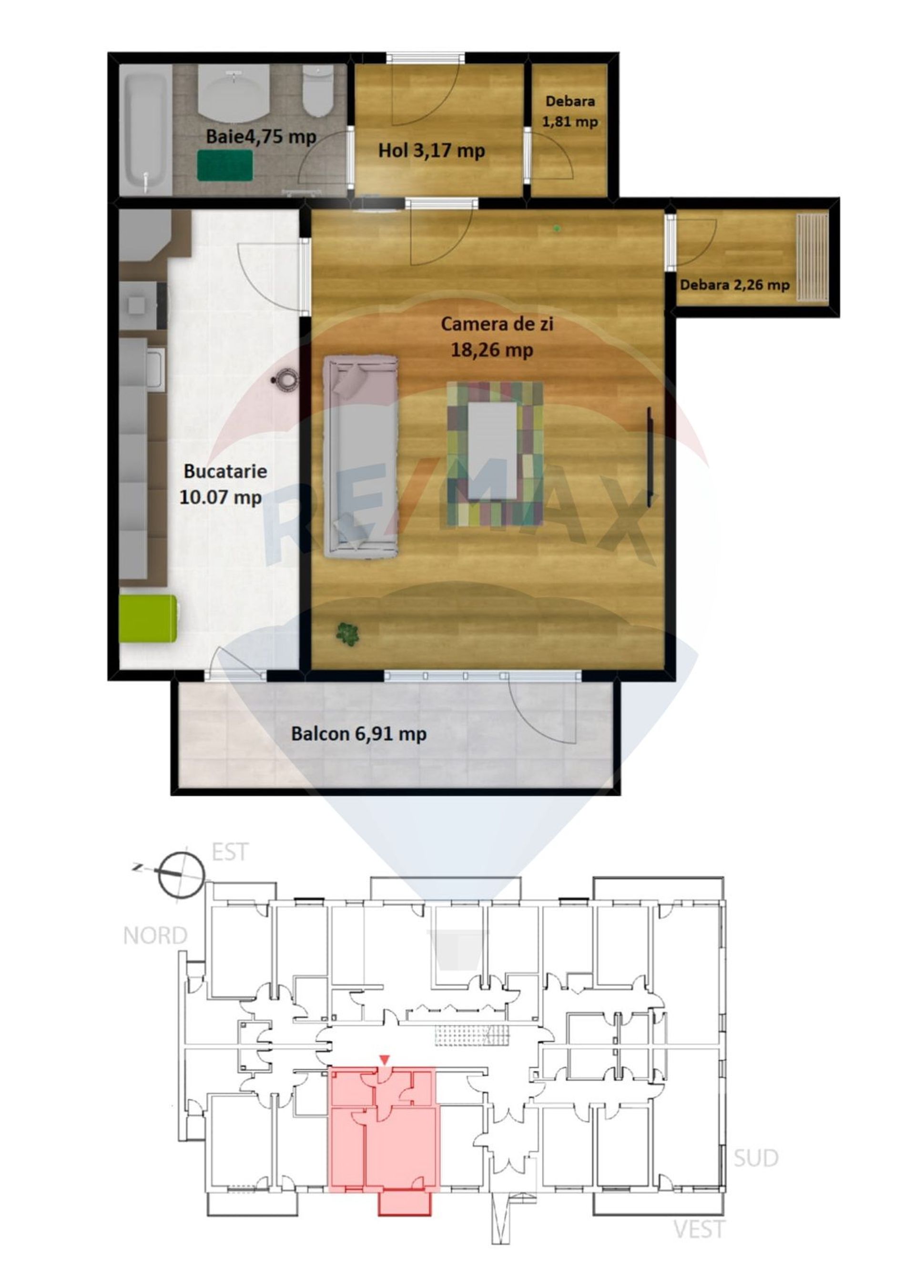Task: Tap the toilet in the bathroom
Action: (x=319, y=91)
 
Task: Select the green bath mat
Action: (x=225, y=165)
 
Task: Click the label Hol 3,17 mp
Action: (x=432, y=151)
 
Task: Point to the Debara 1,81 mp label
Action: (x=570, y=111)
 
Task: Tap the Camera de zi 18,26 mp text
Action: (x=496, y=337)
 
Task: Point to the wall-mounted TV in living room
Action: (x=650, y=457)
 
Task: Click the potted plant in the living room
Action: (x=347, y=634)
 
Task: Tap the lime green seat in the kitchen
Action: (x=148, y=618)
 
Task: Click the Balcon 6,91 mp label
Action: (x=359, y=733)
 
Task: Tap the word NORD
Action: (x=155, y=935)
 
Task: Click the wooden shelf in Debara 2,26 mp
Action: (x=812, y=257)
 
